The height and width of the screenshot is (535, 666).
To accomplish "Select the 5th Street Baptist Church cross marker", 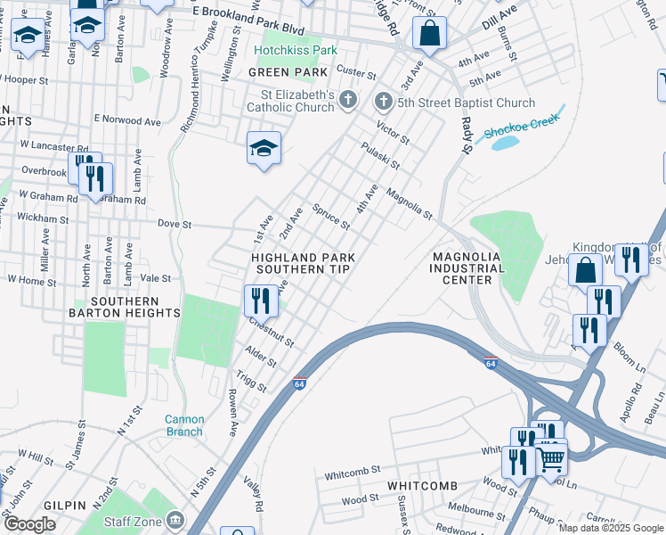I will click(x=384, y=100).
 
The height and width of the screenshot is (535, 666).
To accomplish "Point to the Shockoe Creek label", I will click(x=522, y=127).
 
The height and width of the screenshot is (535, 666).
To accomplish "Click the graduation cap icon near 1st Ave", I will click(x=264, y=148).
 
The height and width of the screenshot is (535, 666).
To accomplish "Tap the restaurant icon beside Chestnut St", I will click(x=261, y=300).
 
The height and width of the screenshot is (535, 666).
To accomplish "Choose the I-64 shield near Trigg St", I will click(x=300, y=383).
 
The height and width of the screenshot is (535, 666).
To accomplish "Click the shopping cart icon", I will click(x=551, y=458).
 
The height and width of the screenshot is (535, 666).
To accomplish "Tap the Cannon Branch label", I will click(x=184, y=425).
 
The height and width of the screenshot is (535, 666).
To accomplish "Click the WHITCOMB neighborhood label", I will click(x=422, y=485).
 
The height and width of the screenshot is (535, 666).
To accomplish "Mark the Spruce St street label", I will click(x=331, y=216).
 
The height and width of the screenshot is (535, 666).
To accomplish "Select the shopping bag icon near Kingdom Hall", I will click(x=586, y=269).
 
